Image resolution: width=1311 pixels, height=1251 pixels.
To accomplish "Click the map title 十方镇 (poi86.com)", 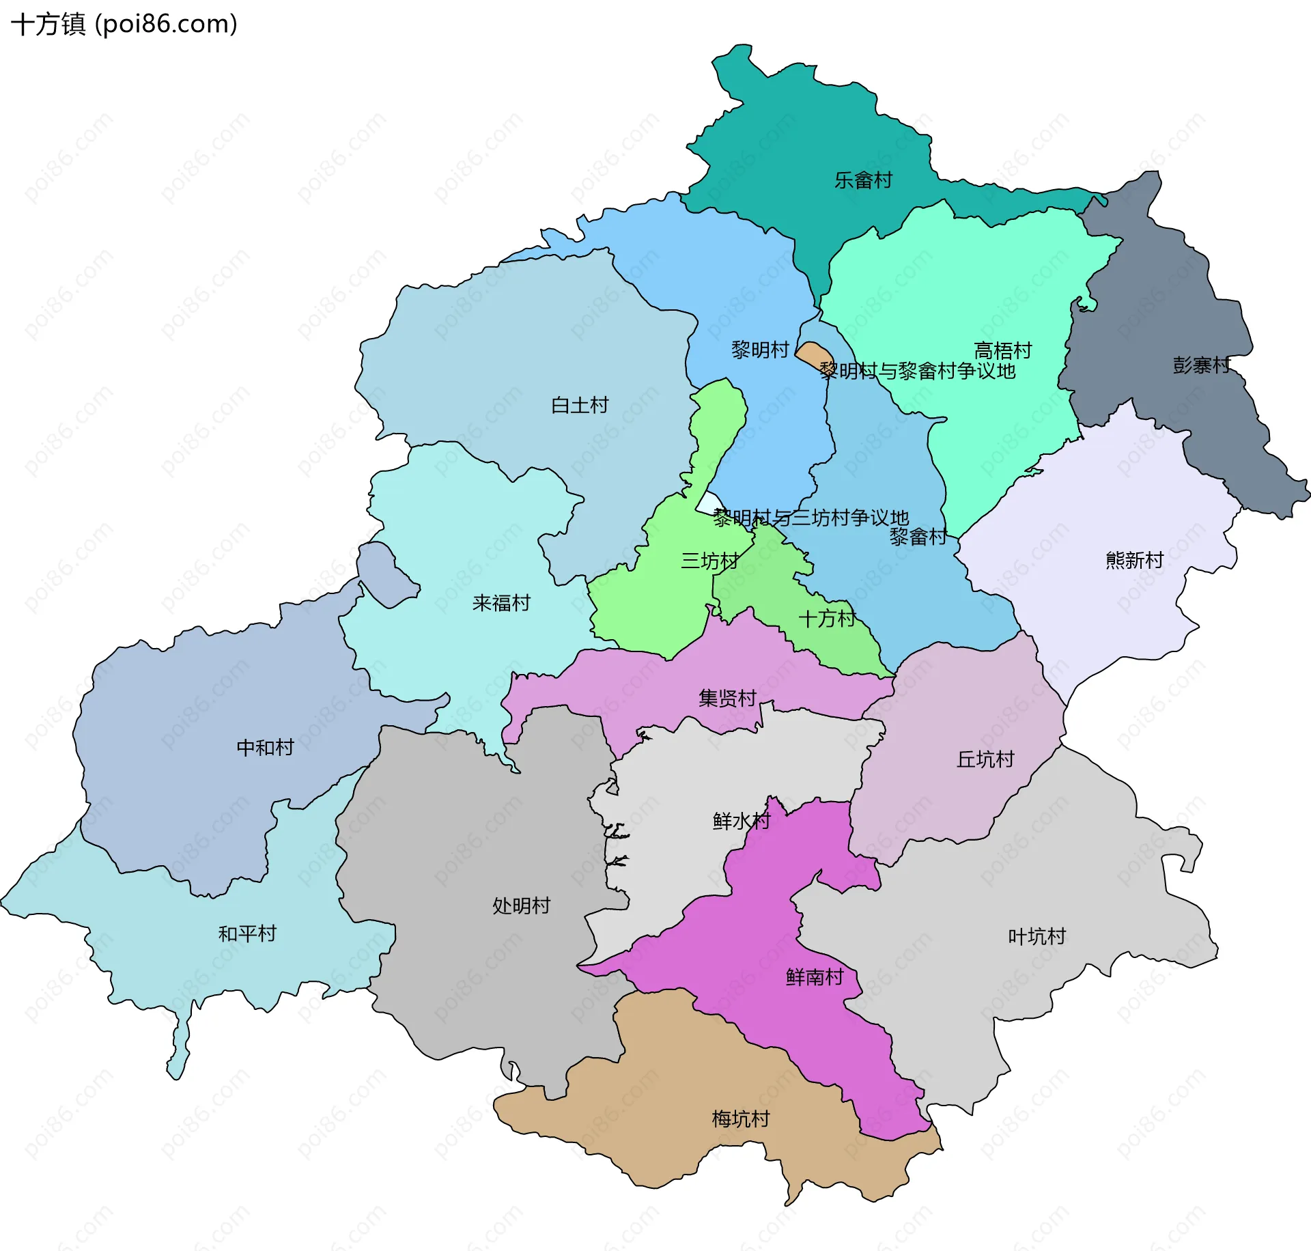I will (124, 24).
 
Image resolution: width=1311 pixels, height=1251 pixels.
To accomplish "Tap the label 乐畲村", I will (863, 180).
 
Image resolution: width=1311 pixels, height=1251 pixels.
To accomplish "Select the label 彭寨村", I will (1201, 365).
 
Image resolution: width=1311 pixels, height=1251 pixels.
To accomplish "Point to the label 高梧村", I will (1002, 350).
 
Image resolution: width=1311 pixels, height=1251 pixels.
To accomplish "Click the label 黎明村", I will (759, 350).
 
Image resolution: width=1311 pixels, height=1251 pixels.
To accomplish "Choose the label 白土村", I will (579, 405).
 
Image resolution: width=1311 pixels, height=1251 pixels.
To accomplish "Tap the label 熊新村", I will (1134, 560).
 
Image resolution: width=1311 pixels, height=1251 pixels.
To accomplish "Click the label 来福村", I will (501, 602).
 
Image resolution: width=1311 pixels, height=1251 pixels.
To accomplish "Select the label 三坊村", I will (709, 561).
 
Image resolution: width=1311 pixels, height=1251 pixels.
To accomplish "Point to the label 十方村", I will (827, 618).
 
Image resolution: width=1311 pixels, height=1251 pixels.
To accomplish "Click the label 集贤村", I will (727, 698).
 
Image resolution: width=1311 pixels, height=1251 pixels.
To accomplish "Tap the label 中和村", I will (265, 747).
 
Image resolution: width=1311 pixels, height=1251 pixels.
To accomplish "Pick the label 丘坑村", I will (985, 759).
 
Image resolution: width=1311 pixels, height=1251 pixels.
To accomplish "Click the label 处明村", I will (521, 905).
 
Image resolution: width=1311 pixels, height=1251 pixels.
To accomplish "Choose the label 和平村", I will (247, 933).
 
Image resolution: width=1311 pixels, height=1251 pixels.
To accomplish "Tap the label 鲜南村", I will (814, 976).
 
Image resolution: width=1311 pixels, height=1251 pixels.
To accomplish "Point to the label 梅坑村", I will (740, 1119).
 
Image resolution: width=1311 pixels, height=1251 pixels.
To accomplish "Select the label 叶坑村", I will (1037, 936).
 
